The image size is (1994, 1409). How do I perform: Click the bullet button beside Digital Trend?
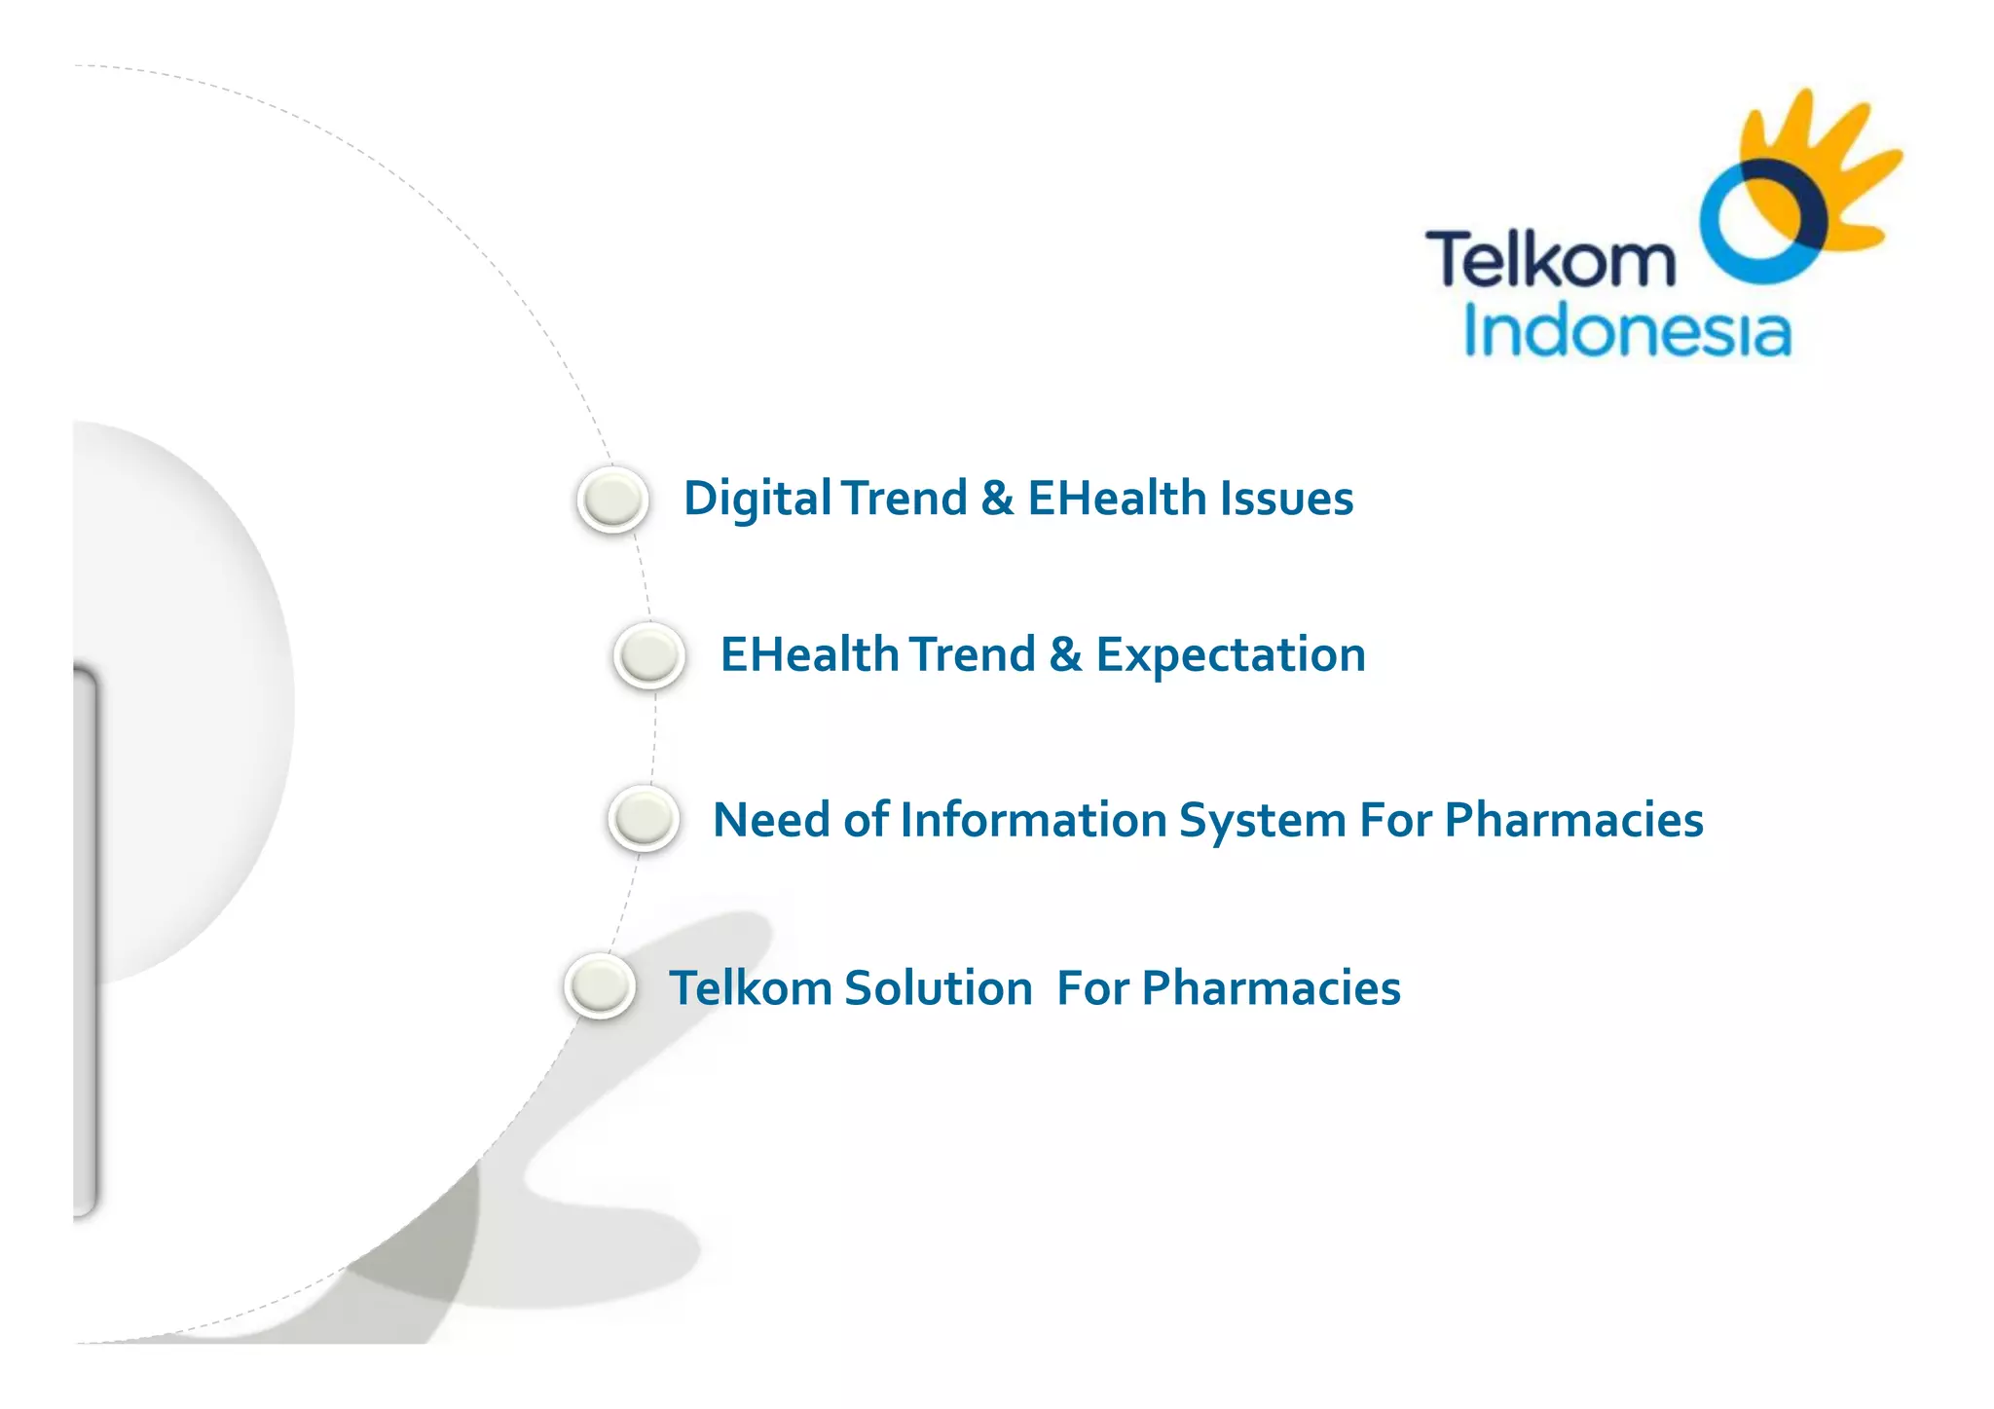pyautogui.click(x=612, y=500)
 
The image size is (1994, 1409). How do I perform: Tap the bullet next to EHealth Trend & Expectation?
pyautogui.click(x=649, y=654)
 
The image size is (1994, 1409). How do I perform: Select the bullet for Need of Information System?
pyautogui.click(x=644, y=818)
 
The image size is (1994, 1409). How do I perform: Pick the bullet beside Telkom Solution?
pyautogui.click(x=600, y=986)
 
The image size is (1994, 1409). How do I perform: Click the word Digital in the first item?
pyautogui.click(x=757, y=499)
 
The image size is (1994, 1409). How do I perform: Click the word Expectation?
pyautogui.click(x=1231, y=654)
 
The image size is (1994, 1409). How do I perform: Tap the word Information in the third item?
pyautogui.click(x=1033, y=820)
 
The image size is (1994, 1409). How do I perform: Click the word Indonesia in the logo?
pyautogui.click(x=1627, y=332)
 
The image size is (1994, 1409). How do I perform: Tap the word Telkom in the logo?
pyautogui.click(x=1550, y=259)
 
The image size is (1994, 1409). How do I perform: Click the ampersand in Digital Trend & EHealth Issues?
pyautogui.click(x=997, y=499)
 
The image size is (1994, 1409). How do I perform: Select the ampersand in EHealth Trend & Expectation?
pyautogui.click(x=1065, y=654)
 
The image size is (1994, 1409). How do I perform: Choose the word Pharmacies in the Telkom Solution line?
pyautogui.click(x=1271, y=987)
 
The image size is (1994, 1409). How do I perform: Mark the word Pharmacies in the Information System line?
pyautogui.click(x=1573, y=820)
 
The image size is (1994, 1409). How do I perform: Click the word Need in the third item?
pyautogui.click(x=771, y=820)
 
